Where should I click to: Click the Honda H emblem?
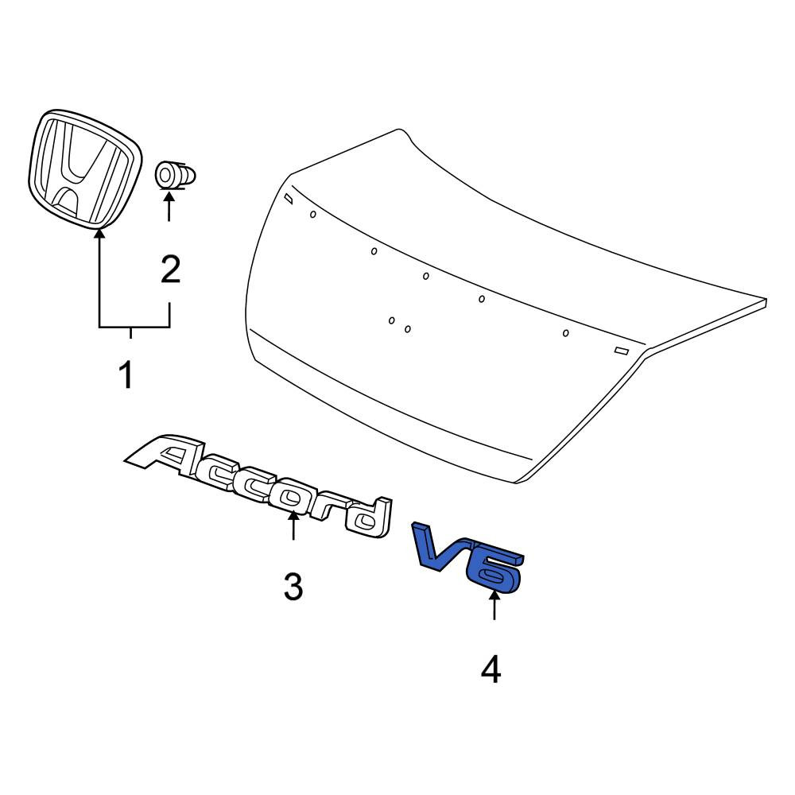point(84,168)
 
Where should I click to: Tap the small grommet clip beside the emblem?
point(175,175)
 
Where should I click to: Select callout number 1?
point(126,375)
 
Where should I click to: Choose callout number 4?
point(491,669)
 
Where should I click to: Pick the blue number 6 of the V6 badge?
point(494,569)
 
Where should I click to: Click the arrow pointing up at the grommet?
point(169,205)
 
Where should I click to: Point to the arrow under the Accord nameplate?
point(293,525)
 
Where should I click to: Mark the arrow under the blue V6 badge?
point(494,605)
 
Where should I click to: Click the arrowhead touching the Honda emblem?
point(99,234)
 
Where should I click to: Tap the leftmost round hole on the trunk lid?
point(312,215)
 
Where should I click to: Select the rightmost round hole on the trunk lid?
point(566,333)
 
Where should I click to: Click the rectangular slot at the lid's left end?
point(288,198)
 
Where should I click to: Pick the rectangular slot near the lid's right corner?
point(622,351)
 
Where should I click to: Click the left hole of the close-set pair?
point(391,320)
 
